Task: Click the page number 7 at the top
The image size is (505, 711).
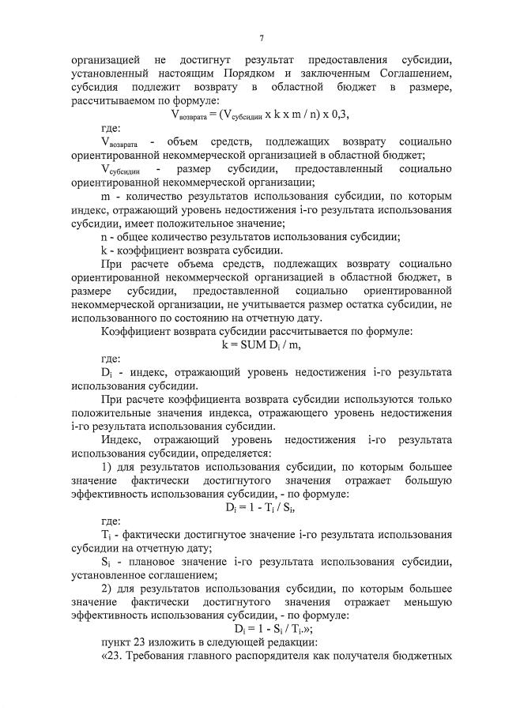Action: [x=261, y=37]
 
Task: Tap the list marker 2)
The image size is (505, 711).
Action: [x=110, y=587]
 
